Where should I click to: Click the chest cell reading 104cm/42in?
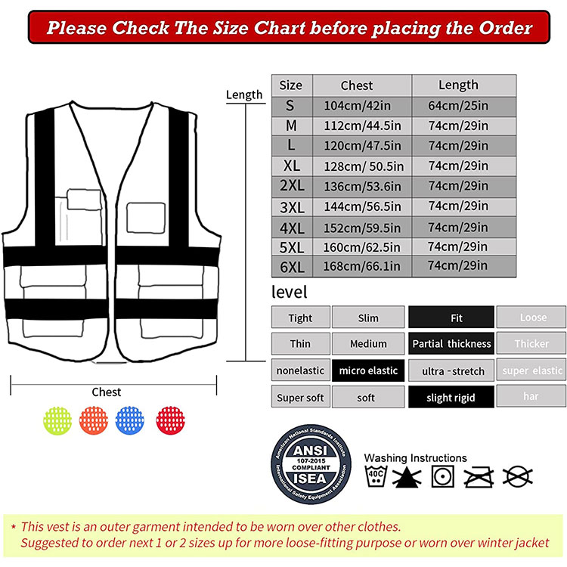point(361,106)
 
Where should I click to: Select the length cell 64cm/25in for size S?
point(457,106)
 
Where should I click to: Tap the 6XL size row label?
point(291,265)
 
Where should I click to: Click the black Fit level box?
point(451,318)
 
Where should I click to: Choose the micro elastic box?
point(368,370)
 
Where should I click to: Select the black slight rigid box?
point(451,397)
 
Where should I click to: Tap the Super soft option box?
point(299,397)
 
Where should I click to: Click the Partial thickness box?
point(451,344)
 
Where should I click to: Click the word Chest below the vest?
point(107,392)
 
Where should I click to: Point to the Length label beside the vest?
point(244,94)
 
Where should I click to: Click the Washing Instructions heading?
point(415,457)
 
